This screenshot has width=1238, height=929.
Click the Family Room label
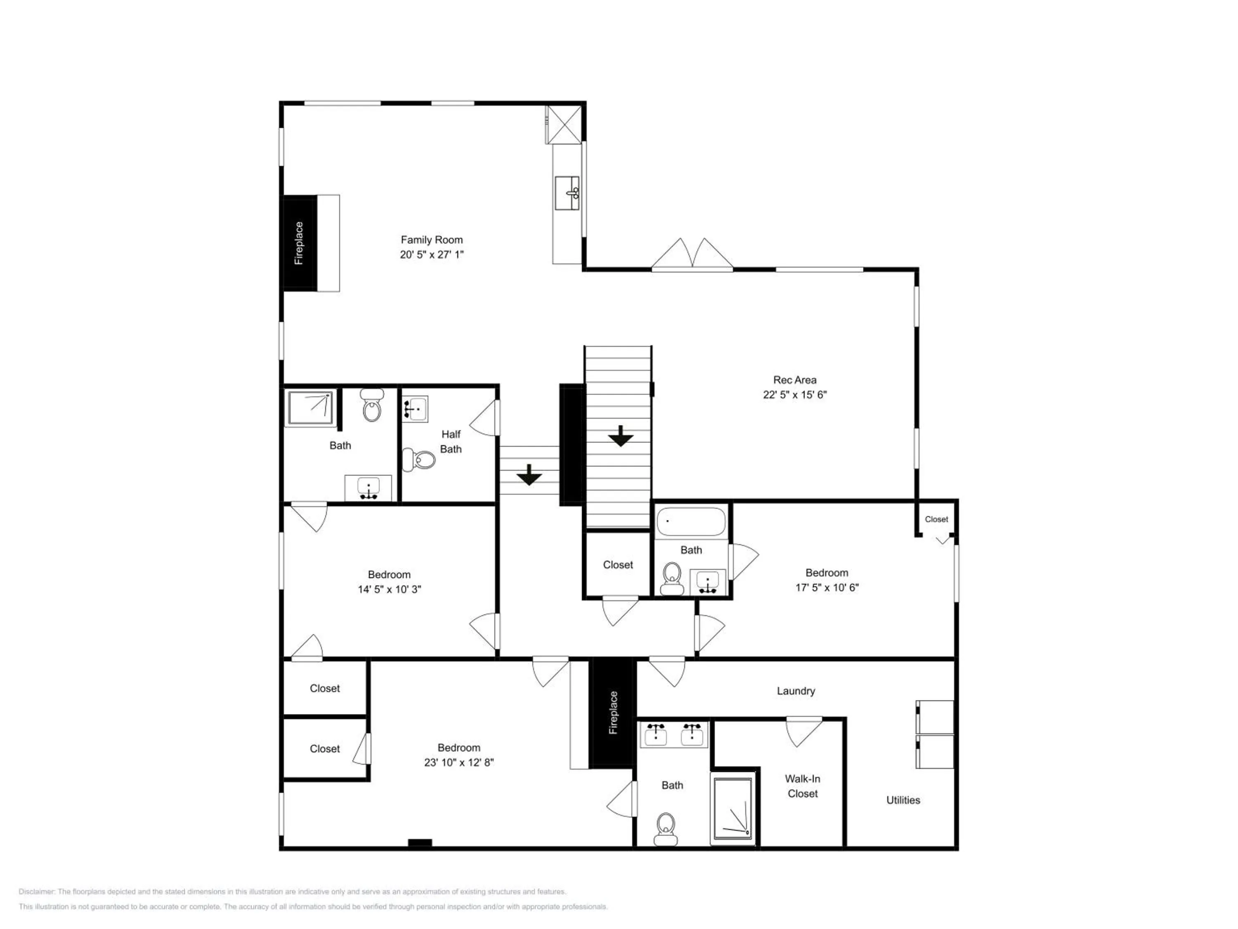click(432, 239)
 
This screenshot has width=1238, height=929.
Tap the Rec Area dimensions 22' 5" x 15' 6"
click(794, 395)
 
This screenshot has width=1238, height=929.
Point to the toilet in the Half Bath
click(419, 460)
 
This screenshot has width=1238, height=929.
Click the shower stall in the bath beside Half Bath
click(310, 408)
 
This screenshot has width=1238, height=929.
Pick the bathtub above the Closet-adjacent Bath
click(691, 522)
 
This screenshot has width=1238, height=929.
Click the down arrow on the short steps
click(529, 475)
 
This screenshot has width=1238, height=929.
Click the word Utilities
click(903, 800)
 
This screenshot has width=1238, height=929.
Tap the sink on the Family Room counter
click(567, 193)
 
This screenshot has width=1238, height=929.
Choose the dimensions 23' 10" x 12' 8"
click(458, 762)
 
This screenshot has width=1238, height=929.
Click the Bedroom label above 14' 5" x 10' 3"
click(389, 575)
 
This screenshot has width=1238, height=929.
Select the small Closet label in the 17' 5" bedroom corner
click(936, 519)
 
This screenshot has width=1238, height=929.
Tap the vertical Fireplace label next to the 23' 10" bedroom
click(613, 712)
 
